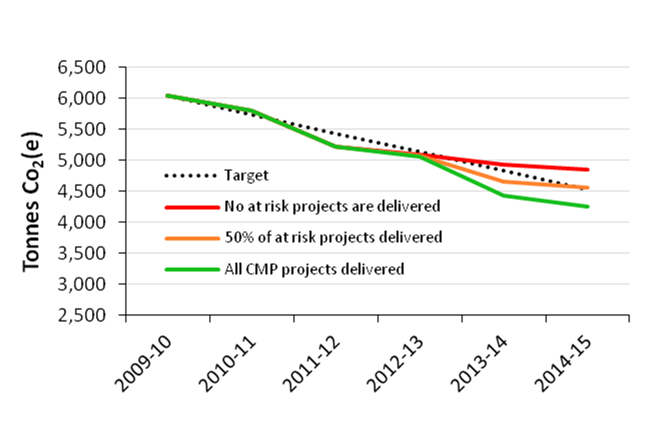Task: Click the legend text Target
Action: [x=246, y=175]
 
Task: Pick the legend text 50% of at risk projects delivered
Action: [x=333, y=237]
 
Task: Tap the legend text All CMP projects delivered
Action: [x=314, y=269]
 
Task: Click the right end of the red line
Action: [x=588, y=170]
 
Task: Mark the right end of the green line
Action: [x=588, y=206]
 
